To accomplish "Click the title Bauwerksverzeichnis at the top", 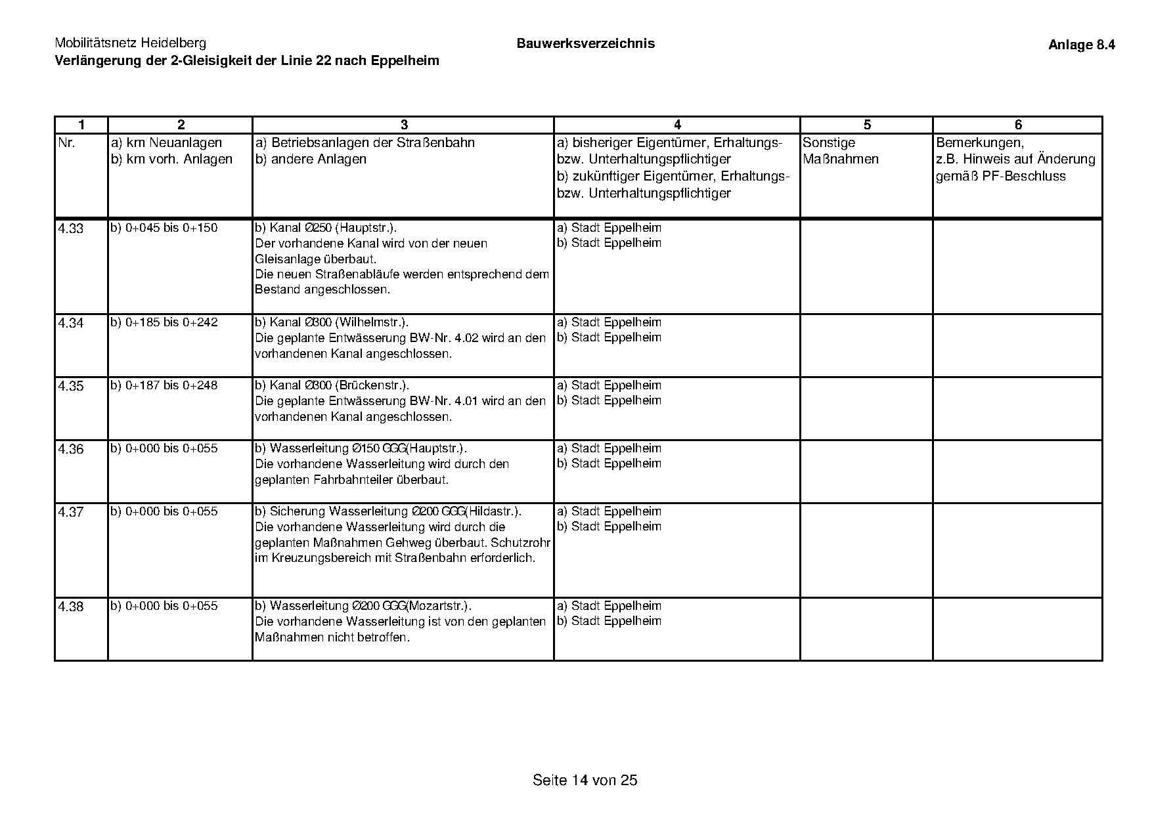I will click(x=585, y=44).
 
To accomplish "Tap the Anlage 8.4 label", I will click(x=1081, y=45).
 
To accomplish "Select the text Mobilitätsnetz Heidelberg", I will click(x=130, y=43).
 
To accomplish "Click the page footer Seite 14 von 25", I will click(x=585, y=781).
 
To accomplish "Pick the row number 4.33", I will click(x=71, y=229).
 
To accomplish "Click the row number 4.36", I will click(x=71, y=450).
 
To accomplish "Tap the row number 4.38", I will click(x=71, y=607).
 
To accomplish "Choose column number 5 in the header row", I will click(x=867, y=125).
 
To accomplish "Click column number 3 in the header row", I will click(x=404, y=125).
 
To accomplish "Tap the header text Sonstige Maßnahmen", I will click(x=840, y=151).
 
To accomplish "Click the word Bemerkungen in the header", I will click(x=979, y=143).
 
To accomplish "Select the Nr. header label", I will click(x=67, y=143).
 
